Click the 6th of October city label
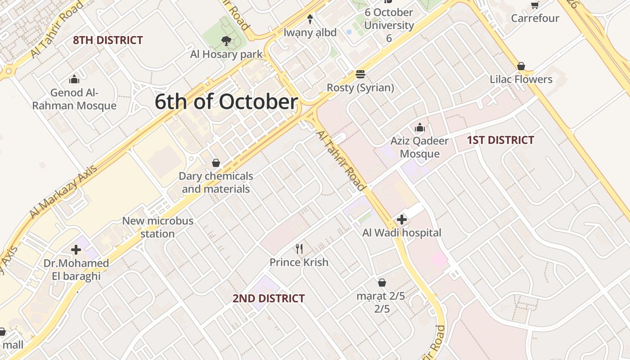coord(226,102)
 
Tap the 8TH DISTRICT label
coord(108,40)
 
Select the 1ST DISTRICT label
coord(500,140)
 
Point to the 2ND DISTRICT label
coord(269,298)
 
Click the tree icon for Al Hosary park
coord(226,41)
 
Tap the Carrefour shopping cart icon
coord(535,5)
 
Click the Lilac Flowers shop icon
coord(521,67)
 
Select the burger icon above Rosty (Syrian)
coord(360,74)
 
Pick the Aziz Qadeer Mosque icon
coord(419,128)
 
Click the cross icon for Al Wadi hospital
coord(402,220)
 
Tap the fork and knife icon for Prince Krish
coord(299,248)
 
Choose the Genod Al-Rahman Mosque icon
coord(74,80)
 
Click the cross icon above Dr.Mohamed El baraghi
coord(76,249)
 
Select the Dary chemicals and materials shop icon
coord(216,163)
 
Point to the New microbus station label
coord(157,227)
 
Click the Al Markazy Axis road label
coord(63,192)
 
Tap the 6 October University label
coord(389,25)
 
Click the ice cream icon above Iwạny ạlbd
coord(310,19)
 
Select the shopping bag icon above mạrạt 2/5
coord(382,283)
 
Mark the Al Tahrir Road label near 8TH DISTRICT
coord(57,30)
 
